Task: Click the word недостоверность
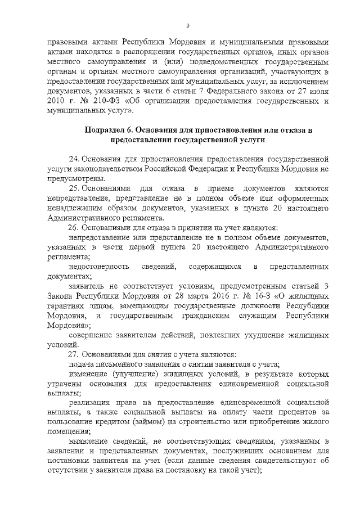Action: click(x=99, y=265)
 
